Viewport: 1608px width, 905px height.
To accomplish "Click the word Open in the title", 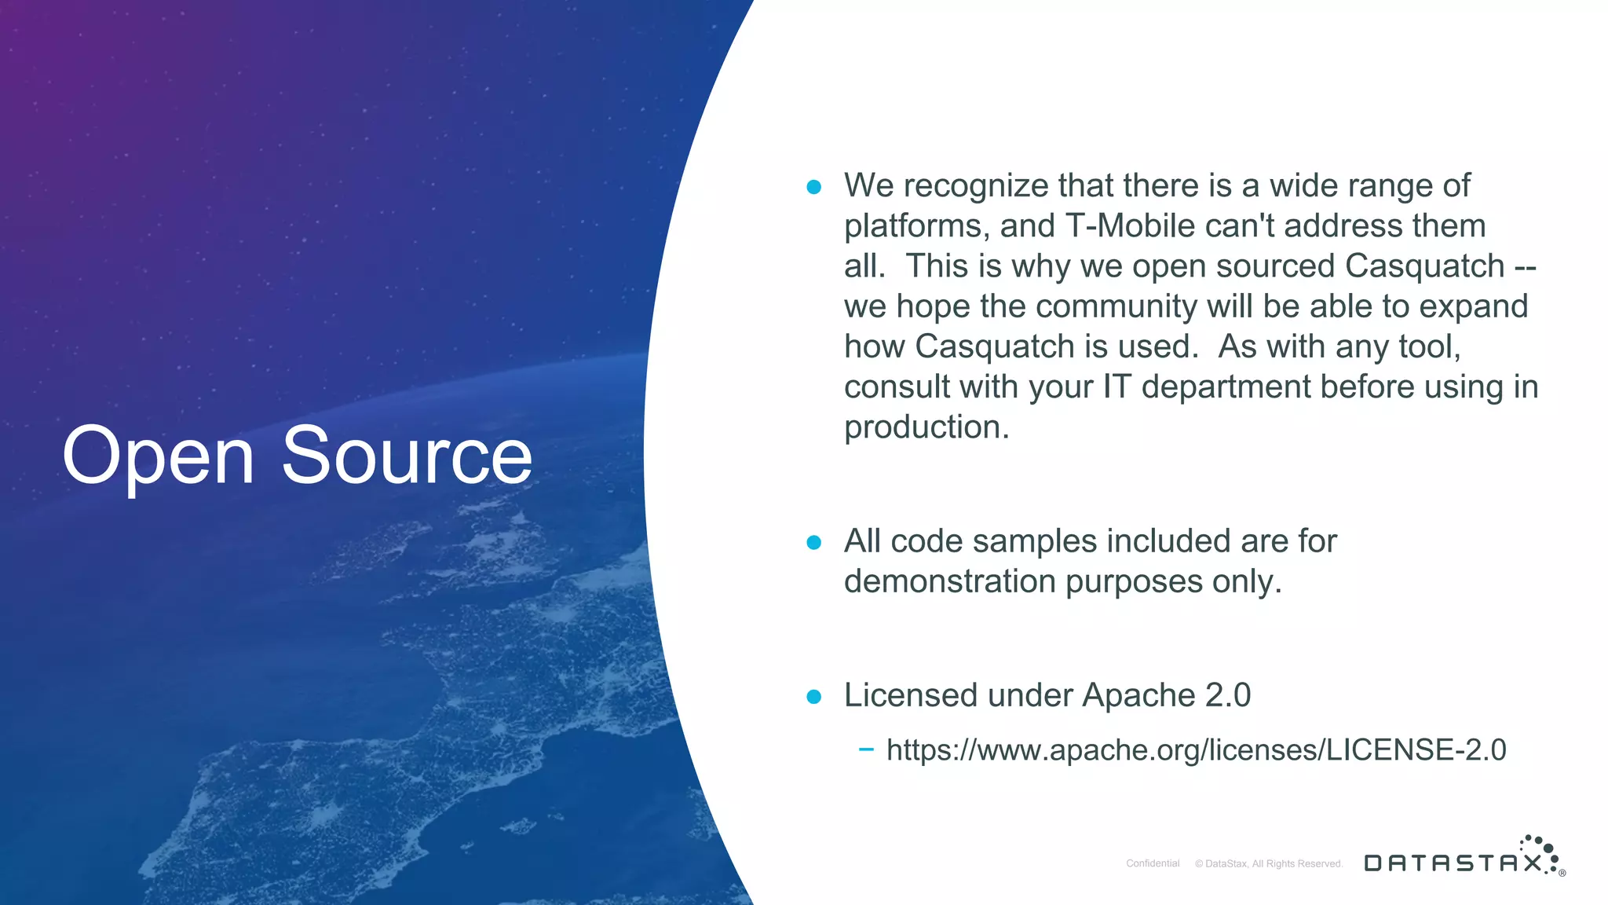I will click(x=158, y=456).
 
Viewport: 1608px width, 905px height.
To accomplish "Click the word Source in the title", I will click(x=407, y=456).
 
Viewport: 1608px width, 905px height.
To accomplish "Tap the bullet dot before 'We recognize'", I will click(x=813, y=187).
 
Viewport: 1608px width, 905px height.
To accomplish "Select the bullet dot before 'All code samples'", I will click(x=813, y=542).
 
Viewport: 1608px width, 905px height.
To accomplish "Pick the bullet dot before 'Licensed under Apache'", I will click(x=813, y=696).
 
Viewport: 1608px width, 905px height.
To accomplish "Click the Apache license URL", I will click(x=1196, y=750).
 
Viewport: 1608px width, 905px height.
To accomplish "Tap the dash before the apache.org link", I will click(x=866, y=749).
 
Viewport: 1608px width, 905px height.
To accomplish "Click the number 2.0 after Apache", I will click(x=1227, y=695).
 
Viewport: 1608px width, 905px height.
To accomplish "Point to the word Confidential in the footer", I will click(x=1153, y=863).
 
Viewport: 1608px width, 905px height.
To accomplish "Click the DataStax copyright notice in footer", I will click(x=1269, y=863).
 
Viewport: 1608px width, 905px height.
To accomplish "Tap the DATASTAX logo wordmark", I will click(x=1453, y=863).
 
